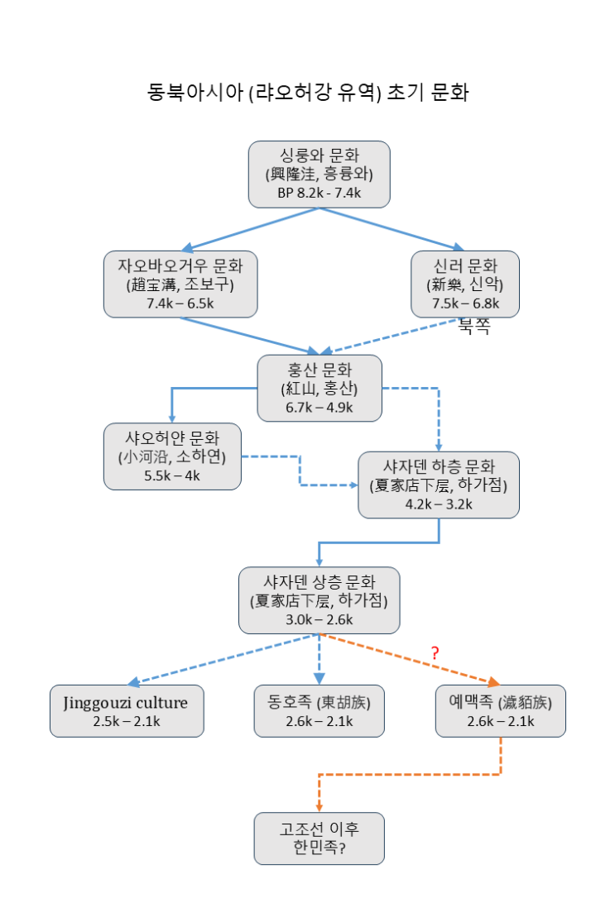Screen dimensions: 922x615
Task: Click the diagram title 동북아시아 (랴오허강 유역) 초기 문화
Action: tap(307, 92)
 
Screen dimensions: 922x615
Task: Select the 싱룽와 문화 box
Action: tap(319, 174)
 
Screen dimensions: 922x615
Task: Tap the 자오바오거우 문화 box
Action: tap(180, 284)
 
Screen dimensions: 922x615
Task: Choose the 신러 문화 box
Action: tap(465, 284)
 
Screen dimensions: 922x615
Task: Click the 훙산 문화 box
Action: tap(320, 388)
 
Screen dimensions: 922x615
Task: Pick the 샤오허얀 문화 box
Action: tap(172, 456)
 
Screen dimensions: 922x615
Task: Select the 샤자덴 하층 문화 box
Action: tap(439, 485)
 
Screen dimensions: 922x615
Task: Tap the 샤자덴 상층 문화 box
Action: tap(319, 600)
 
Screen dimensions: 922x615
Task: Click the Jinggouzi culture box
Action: tap(127, 711)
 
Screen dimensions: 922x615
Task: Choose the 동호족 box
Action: tap(319, 711)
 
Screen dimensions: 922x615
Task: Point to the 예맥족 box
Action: tap(500, 711)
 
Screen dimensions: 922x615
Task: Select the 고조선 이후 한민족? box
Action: tap(319, 838)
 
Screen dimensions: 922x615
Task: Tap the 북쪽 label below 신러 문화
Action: tap(474, 327)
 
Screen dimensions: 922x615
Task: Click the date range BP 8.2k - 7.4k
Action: tap(319, 193)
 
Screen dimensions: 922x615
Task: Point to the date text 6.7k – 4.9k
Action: tap(319, 407)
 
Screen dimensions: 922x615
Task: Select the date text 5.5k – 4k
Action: tap(172, 475)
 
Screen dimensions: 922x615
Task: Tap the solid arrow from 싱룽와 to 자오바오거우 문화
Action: tap(252, 228)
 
